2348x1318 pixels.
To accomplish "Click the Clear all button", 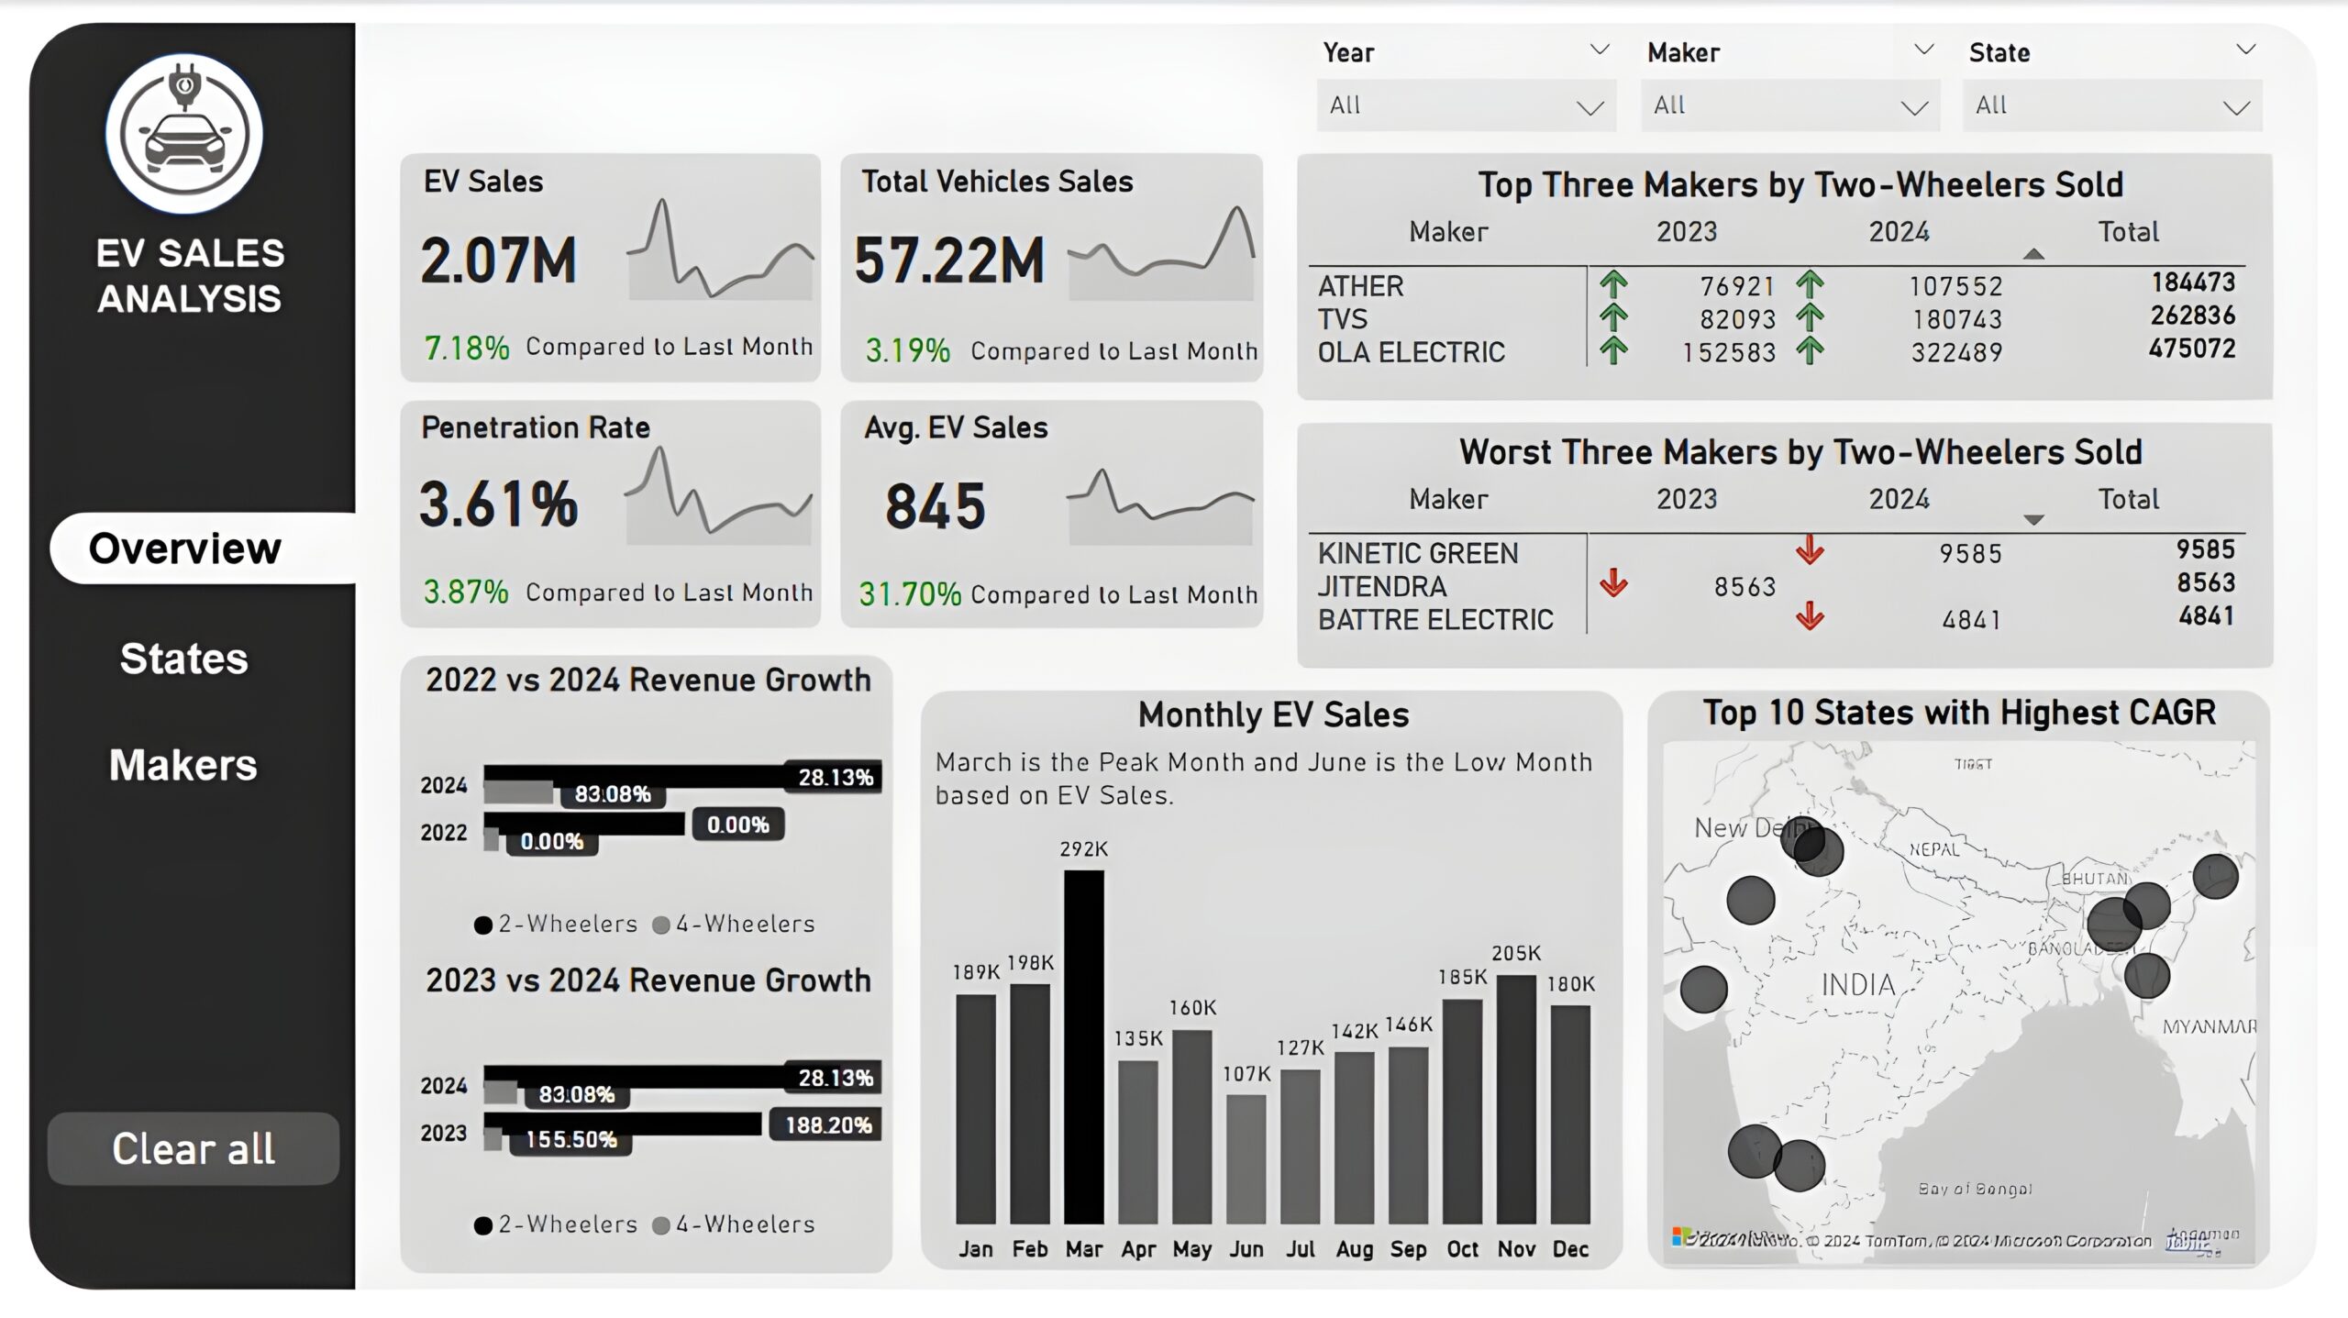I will [x=193, y=1148].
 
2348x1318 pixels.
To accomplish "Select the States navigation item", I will [x=183, y=659].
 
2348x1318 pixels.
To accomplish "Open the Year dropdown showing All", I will [x=1466, y=105].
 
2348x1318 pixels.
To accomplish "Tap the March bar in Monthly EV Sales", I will [x=1083, y=1046].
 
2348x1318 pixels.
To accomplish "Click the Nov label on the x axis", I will [x=1516, y=1249].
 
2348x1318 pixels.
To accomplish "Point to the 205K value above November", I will [x=1516, y=954].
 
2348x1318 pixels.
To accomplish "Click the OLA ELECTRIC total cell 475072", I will [x=2191, y=349].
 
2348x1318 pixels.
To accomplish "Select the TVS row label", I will [x=1343, y=319].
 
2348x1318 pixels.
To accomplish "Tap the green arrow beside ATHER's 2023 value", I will [x=1613, y=284].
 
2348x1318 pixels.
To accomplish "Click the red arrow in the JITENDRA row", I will [x=1613, y=583].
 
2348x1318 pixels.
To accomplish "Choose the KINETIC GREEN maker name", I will [x=1418, y=553].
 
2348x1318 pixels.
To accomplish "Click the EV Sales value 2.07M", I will [x=499, y=260].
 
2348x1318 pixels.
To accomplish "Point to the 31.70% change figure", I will [x=910, y=594].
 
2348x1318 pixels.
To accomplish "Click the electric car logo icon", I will [x=184, y=134].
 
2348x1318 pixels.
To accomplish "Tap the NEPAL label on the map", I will [x=1934, y=849].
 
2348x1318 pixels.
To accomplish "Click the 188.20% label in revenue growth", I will [x=827, y=1125].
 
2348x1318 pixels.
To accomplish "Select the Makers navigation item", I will [x=183, y=765].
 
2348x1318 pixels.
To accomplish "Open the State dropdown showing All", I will [x=2111, y=105].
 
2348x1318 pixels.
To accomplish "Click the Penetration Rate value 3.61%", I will [x=499, y=504].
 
